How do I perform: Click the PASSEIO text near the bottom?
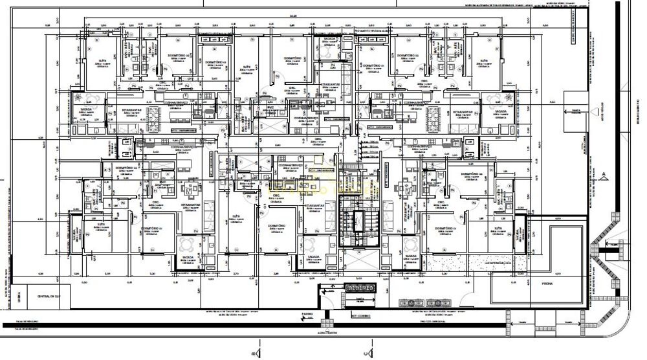tap(307, 315)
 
